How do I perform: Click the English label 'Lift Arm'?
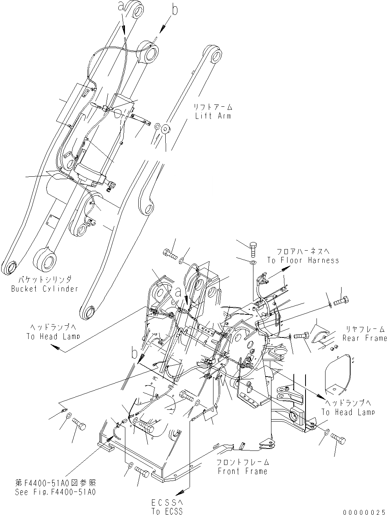pos(213,116)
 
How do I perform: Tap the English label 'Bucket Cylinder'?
pos(44,289)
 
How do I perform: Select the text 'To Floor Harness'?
pos(303,260)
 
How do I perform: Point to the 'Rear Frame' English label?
pos(365,338)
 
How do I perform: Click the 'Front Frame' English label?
pos(242,471)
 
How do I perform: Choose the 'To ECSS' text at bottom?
pos(166,511)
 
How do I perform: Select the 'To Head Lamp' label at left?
pos(53,336)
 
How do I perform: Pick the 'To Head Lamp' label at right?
pos(348,412)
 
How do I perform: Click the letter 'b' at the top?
pos(174,10)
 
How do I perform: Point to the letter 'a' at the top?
pos(121,5)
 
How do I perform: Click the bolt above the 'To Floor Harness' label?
pos(253,248)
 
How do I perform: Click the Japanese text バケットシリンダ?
pos(45,280)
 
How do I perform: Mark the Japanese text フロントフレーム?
pos(242,463)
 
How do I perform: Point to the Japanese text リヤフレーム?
pos(365,329)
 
